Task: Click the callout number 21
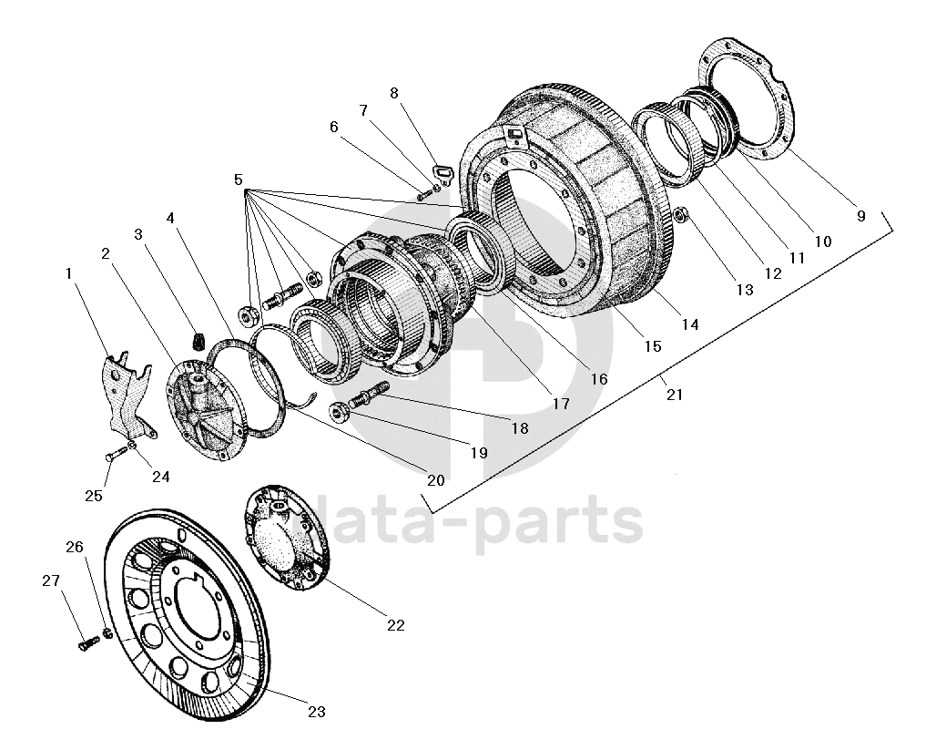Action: pos(674,395)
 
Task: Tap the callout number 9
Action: pos(860,216)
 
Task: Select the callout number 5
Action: pos(239,180)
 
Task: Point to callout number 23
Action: pos(316,712)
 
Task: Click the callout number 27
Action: pos(51,580)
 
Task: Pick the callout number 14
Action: pos(690,324)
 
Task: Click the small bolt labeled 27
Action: pos(88,644)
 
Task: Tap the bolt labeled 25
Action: pos(117,454)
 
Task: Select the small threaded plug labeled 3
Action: pos(198,341)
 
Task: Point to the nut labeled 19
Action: pos(340,411)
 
